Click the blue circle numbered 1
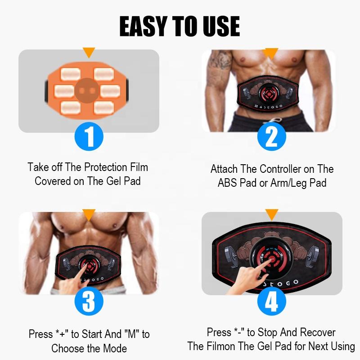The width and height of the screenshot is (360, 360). pyautogui.click(x=89, y=136)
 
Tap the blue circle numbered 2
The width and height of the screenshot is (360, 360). pyautogui.click(x=272, y=136)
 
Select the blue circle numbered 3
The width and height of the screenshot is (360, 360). pyautogui.click(x=89, y=301)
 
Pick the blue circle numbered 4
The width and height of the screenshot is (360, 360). pyautogui.click(x=272, y=301)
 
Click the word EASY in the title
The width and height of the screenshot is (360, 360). pyautogui.click(x=143, y=26)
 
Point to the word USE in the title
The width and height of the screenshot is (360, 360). pyautogui.click(x=221, y=26)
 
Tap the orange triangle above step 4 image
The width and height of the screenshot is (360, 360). pyautogui.click(x=272, y=215)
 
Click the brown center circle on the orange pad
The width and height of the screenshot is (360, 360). pyautogui.click(x=87, y=90)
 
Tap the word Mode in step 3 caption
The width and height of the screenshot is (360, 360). pyautogui.click(x=115, y=348)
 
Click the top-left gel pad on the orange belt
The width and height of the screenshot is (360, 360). pyautogui.click(x=71, y=74)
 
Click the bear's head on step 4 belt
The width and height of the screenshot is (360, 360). pyautogui.click(x=272, y=235)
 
